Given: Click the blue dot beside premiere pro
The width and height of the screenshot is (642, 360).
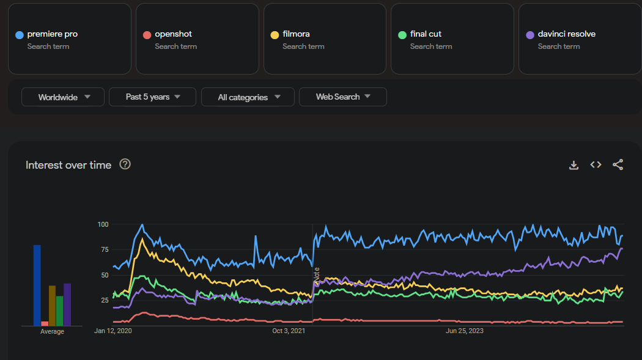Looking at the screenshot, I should (20, 35).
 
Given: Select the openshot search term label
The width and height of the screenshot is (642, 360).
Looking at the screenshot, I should (173, 34).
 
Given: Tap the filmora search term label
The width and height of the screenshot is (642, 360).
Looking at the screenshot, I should (296, 34).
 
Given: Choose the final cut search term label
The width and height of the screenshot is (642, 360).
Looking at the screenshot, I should (426, 34).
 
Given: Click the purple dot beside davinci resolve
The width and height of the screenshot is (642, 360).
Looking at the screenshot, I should (529, 35).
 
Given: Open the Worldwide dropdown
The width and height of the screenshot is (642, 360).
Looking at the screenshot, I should (64, 97).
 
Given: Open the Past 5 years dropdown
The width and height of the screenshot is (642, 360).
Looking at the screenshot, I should (152, 97).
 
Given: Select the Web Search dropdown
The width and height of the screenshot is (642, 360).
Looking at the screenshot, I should (342, 97).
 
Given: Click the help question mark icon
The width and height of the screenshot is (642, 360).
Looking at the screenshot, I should (125, 164).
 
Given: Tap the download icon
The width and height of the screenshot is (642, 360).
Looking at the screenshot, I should (574, 165).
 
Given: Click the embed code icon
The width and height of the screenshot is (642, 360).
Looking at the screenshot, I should (596, 165).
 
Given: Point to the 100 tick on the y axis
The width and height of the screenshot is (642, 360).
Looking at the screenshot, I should (102, 224).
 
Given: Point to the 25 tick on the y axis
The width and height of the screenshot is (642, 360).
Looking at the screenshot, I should (104, 300).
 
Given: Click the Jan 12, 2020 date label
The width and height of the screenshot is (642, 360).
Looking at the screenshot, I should (113, 331).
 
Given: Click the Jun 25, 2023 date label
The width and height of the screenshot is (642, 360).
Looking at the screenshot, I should (465, 331).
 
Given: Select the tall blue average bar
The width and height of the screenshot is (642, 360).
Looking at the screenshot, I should (37, 285).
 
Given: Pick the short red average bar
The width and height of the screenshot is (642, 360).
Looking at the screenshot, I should (45, 323).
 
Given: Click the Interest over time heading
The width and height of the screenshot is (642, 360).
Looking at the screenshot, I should (68, 165).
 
